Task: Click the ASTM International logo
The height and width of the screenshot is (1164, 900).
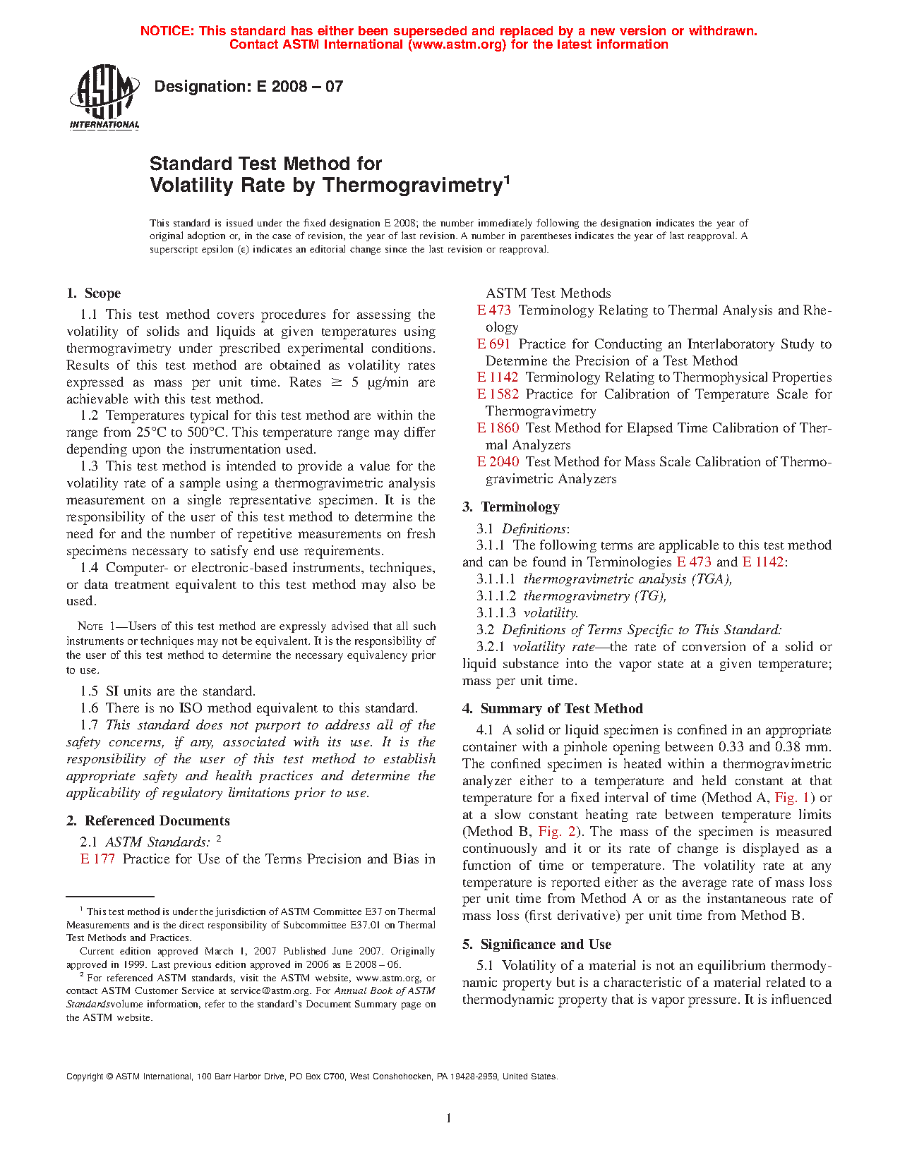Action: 104,97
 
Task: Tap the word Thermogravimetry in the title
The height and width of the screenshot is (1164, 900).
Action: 412,186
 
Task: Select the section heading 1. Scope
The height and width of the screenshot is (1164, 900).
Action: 94,293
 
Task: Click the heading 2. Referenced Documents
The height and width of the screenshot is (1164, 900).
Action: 148,821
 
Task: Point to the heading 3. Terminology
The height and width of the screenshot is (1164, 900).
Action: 511,507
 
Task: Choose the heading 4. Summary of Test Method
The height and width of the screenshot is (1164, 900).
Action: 553,709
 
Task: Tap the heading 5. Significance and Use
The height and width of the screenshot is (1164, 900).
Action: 537,945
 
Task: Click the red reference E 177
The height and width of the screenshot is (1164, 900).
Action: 97,859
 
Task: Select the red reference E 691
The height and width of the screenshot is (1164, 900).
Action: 493,344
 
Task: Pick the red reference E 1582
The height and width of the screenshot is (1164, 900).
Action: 498,394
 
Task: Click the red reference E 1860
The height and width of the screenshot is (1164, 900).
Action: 498,428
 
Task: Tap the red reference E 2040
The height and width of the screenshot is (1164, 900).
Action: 498,462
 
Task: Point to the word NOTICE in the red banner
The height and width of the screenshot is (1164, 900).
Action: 166,31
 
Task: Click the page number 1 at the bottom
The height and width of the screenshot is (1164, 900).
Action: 449,1117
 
